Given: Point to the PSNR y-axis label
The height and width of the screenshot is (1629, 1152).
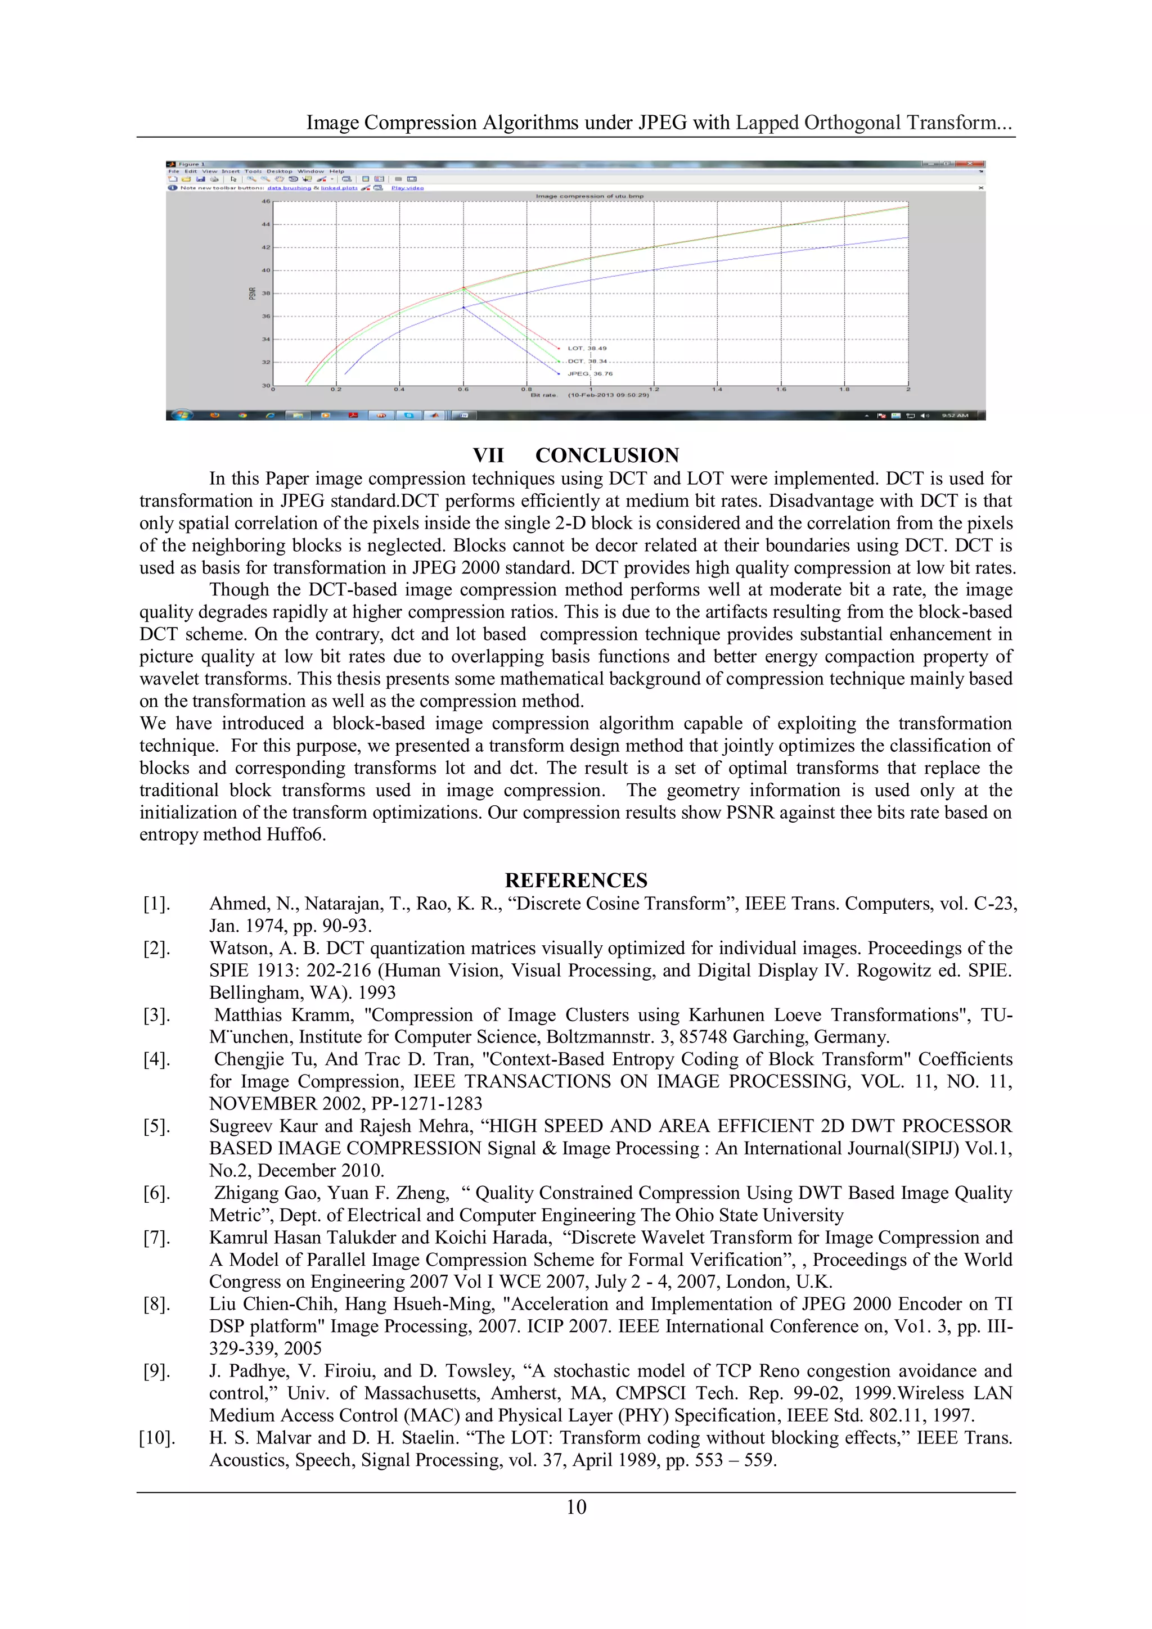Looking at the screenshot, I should tap(252, 293).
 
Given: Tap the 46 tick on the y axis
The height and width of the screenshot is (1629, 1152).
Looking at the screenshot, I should tap(266, 201).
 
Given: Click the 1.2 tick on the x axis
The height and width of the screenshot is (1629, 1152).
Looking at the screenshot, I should tap(654, 390).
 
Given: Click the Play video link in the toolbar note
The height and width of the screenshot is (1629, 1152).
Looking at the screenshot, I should tap(407, 188).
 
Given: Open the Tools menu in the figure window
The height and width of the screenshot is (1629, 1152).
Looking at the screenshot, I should tap(253, 171).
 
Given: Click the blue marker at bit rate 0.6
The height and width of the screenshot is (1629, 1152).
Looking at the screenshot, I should tap(463, 307).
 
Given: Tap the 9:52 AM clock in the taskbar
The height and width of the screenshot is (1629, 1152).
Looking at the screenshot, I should tap(955, 416).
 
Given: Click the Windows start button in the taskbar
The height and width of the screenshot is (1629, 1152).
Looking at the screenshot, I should tap(182, 415).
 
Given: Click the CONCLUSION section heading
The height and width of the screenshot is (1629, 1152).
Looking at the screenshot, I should tap(607, 455).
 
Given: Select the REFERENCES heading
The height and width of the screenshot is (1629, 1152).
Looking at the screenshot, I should tap(575, 881).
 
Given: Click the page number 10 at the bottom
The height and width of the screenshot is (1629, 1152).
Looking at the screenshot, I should tap(575, 1507).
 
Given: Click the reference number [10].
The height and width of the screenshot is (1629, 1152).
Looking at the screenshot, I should tap(156, 1438).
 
